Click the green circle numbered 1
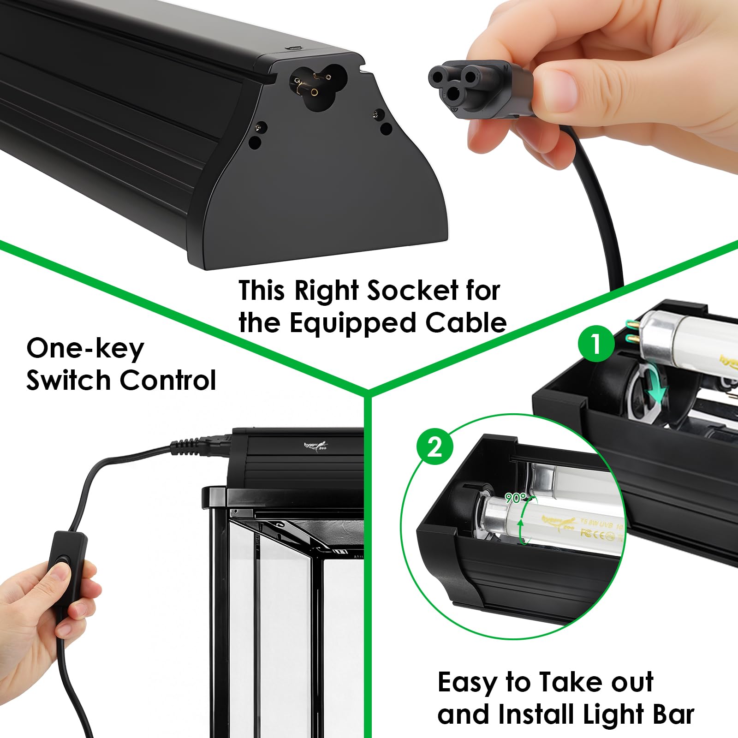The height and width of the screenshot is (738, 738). [x=596, y=344]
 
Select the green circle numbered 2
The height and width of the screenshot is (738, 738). [x=434, y=446]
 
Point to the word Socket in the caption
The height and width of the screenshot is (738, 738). [x=412, y=291]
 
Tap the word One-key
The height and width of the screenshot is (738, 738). [x=85, y=349]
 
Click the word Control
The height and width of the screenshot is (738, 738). [x=168, y=381]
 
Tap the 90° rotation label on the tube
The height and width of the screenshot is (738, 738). [x=515, y=498]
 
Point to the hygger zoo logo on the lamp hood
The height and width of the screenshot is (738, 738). [x=316, y=445]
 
